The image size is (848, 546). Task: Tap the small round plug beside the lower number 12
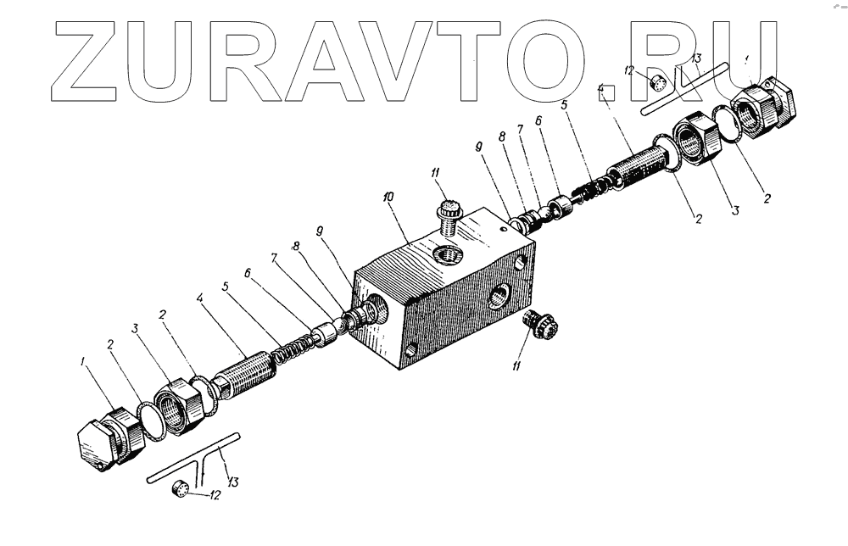(x=179, y=489)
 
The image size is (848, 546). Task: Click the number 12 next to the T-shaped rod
(x=216, y=495)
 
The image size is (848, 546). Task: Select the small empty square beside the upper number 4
(x=607, y=94)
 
